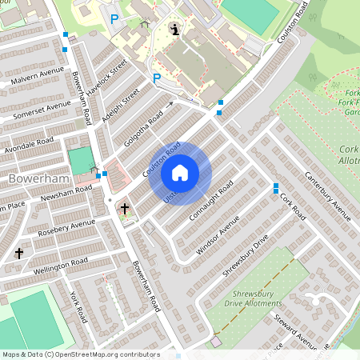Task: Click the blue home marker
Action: pyautogui.click(x=180, y=173)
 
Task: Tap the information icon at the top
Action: pyautogui.click(x=176, y=30)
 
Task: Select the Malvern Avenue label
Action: pyautogui.click(x=37, y=78)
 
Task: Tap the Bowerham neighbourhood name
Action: pyautogui.click(x=30, y=178)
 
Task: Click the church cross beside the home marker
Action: pyautogui.click(x=124, y=209)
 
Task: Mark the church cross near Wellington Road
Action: pyautogui.click(x=19, y=253)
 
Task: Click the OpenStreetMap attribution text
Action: pyautogui.click(x=80, y=354)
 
